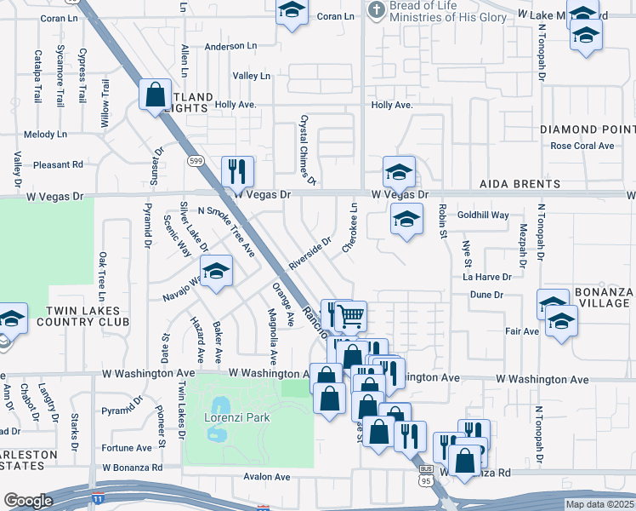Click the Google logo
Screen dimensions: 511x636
[28, 501]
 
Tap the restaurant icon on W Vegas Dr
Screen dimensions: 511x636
[237, 171]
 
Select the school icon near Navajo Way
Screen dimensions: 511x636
[216, 272]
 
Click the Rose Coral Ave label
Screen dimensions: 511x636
[582, 146]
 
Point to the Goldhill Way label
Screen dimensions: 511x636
[483, 215]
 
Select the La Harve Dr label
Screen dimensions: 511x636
[487, 277]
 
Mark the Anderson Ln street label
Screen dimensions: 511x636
[225, 47]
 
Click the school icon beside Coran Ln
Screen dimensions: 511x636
[292, 13]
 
